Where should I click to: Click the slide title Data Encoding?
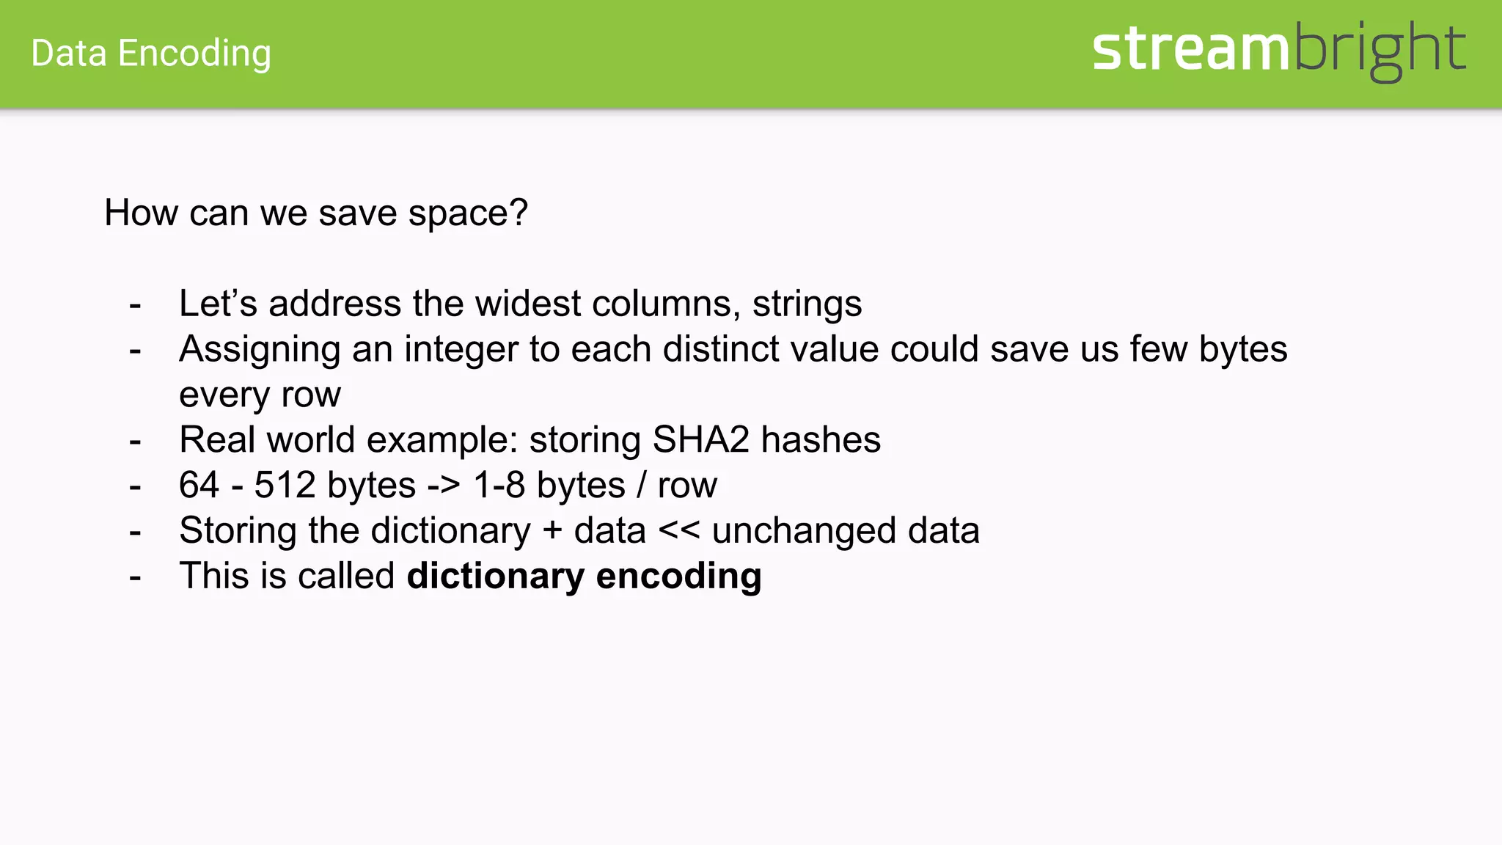pos(151,54)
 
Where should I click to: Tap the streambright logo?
pos(1278,50)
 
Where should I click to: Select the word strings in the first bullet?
pos(807,304)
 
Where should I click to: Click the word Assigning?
pos(260,349)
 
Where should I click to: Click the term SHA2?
pos(700,440)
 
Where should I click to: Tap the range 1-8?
pos(499,486)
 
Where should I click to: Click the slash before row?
pos(642,486)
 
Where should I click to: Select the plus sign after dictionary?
pos(552,531)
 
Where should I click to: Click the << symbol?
pos(679,531)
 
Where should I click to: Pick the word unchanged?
pos(804,531)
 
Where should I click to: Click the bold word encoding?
pos(678,577)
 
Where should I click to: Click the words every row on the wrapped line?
pos(260,395)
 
